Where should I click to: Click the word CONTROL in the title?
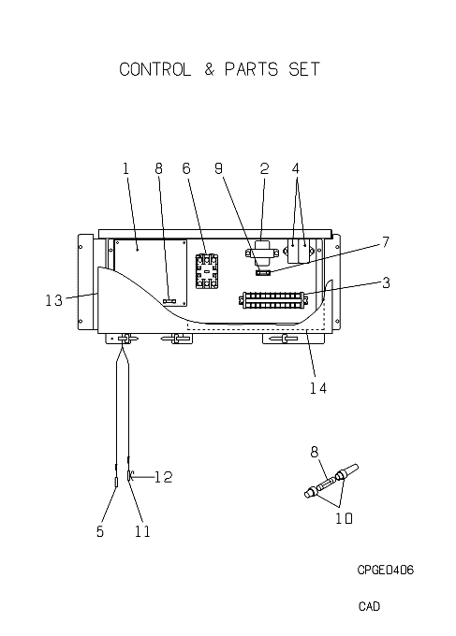coord(154,69)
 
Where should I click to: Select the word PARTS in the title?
coord(251,69)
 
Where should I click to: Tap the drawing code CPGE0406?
coord(386,570)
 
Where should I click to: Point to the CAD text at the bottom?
coord(369,606)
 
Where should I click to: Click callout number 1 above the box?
coord(125,168)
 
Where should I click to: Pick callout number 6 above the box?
coord(186,168)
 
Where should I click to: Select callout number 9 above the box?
coord(219,168)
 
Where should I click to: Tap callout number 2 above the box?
coord(264,168)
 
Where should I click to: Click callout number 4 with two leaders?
coord(296,168)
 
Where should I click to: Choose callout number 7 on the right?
coord(386,242)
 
